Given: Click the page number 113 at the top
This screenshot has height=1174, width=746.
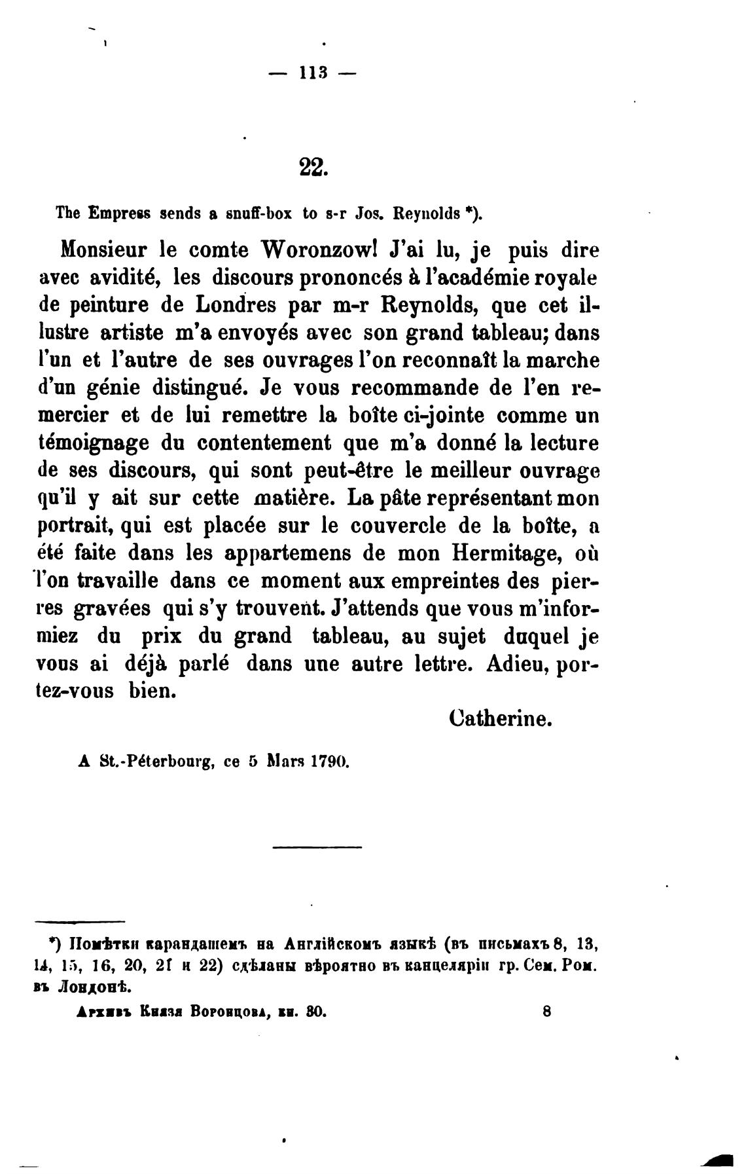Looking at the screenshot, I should pos(312,74).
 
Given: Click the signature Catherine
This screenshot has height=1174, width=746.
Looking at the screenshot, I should pos(502,720).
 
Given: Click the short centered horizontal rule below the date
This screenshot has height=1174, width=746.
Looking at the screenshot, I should pos(317,849).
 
